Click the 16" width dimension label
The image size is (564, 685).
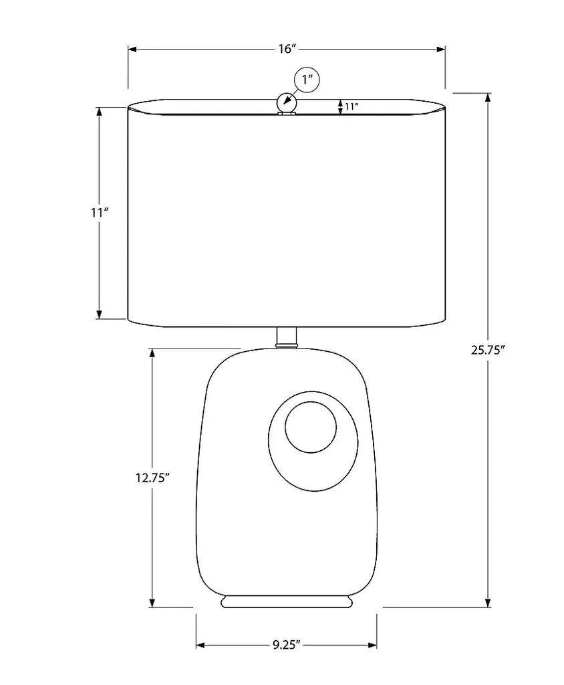coord(287,49)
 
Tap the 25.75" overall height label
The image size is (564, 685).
coord(488,350)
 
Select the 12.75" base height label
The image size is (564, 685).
coord(152,478)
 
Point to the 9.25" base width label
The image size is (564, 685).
coord(287,645)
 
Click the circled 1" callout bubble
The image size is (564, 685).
coord(307,80)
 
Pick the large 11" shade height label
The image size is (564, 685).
coord(100,213)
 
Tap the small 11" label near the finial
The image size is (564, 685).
coord(351,106)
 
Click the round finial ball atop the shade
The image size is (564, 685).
coord(287,102)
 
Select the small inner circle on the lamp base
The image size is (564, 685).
coord(311,427)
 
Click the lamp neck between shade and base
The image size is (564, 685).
coord(287,338)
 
